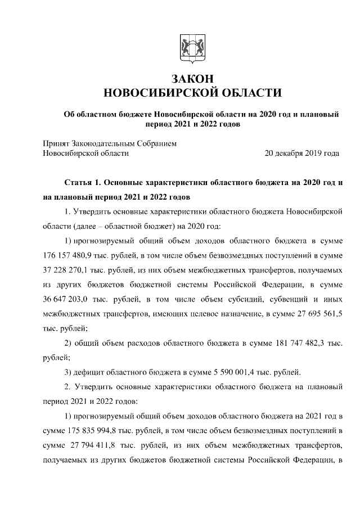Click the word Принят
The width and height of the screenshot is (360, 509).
coord(56,143)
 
